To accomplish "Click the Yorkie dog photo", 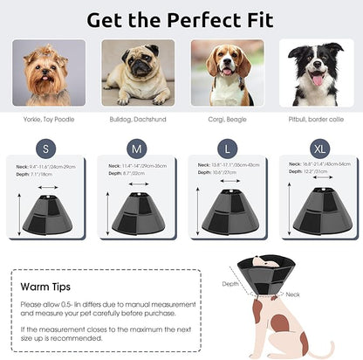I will (50, 73).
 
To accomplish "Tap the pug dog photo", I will (138, 73).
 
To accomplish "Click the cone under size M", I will (143, 211).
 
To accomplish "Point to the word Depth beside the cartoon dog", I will (230, 283).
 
